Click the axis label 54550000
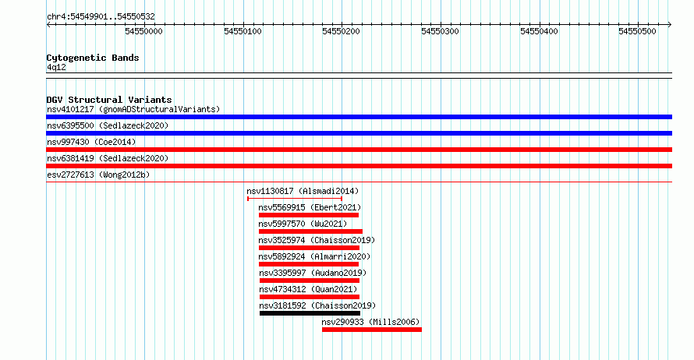point(143,31)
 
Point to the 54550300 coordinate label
point(440,31)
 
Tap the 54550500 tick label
point(637,31)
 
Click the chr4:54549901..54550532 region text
point(101,17)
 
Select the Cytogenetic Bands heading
point(93,58)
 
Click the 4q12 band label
point(56,68)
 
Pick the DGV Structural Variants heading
point(109,100)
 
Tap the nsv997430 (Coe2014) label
point(91,142)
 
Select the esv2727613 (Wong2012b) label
point(98,175)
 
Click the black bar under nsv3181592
point(310,313)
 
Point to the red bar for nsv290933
point(372,330)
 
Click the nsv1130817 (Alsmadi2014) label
point(303,191)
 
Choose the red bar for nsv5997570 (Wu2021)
point(310,231)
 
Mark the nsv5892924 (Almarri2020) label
point(315,256)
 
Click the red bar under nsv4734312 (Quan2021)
point(310,297)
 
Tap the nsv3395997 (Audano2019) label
point(313,273)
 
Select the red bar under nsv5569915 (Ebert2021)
point(309,215)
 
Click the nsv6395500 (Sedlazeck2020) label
point(108,125)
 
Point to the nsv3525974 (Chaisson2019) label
point(317,240)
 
